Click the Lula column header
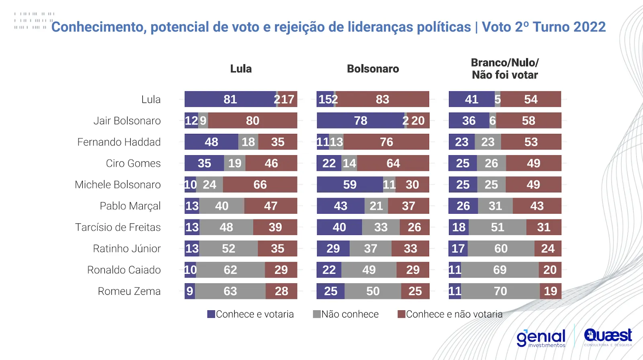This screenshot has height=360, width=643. pos(241,69)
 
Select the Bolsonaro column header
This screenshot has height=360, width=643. pos(373,69)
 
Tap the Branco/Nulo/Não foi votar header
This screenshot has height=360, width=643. pos(505,69)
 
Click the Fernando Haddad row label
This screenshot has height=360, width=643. pos(119,142)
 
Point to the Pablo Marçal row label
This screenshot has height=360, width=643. pos(130,206)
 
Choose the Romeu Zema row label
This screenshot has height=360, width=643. pos(129,291)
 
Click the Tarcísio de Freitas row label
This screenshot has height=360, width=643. pos(118,227)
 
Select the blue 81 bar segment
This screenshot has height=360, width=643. pos(230,99)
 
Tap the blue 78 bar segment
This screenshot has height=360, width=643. pos(360,121)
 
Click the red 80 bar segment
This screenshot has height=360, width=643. pos(252,121)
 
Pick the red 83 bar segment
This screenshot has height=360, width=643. pos(383,99)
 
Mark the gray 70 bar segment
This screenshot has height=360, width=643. pos(500,291)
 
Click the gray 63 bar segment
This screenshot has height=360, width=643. pos(230,291)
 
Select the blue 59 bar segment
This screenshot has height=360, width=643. pos(350,185)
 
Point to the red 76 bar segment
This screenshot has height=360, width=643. pos(386,142)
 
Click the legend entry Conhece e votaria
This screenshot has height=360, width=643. pos(251,314)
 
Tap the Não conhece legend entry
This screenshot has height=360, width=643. pos(346,314)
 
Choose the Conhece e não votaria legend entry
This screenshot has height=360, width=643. pos(450,314)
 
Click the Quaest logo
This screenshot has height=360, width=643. pos(608,337)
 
